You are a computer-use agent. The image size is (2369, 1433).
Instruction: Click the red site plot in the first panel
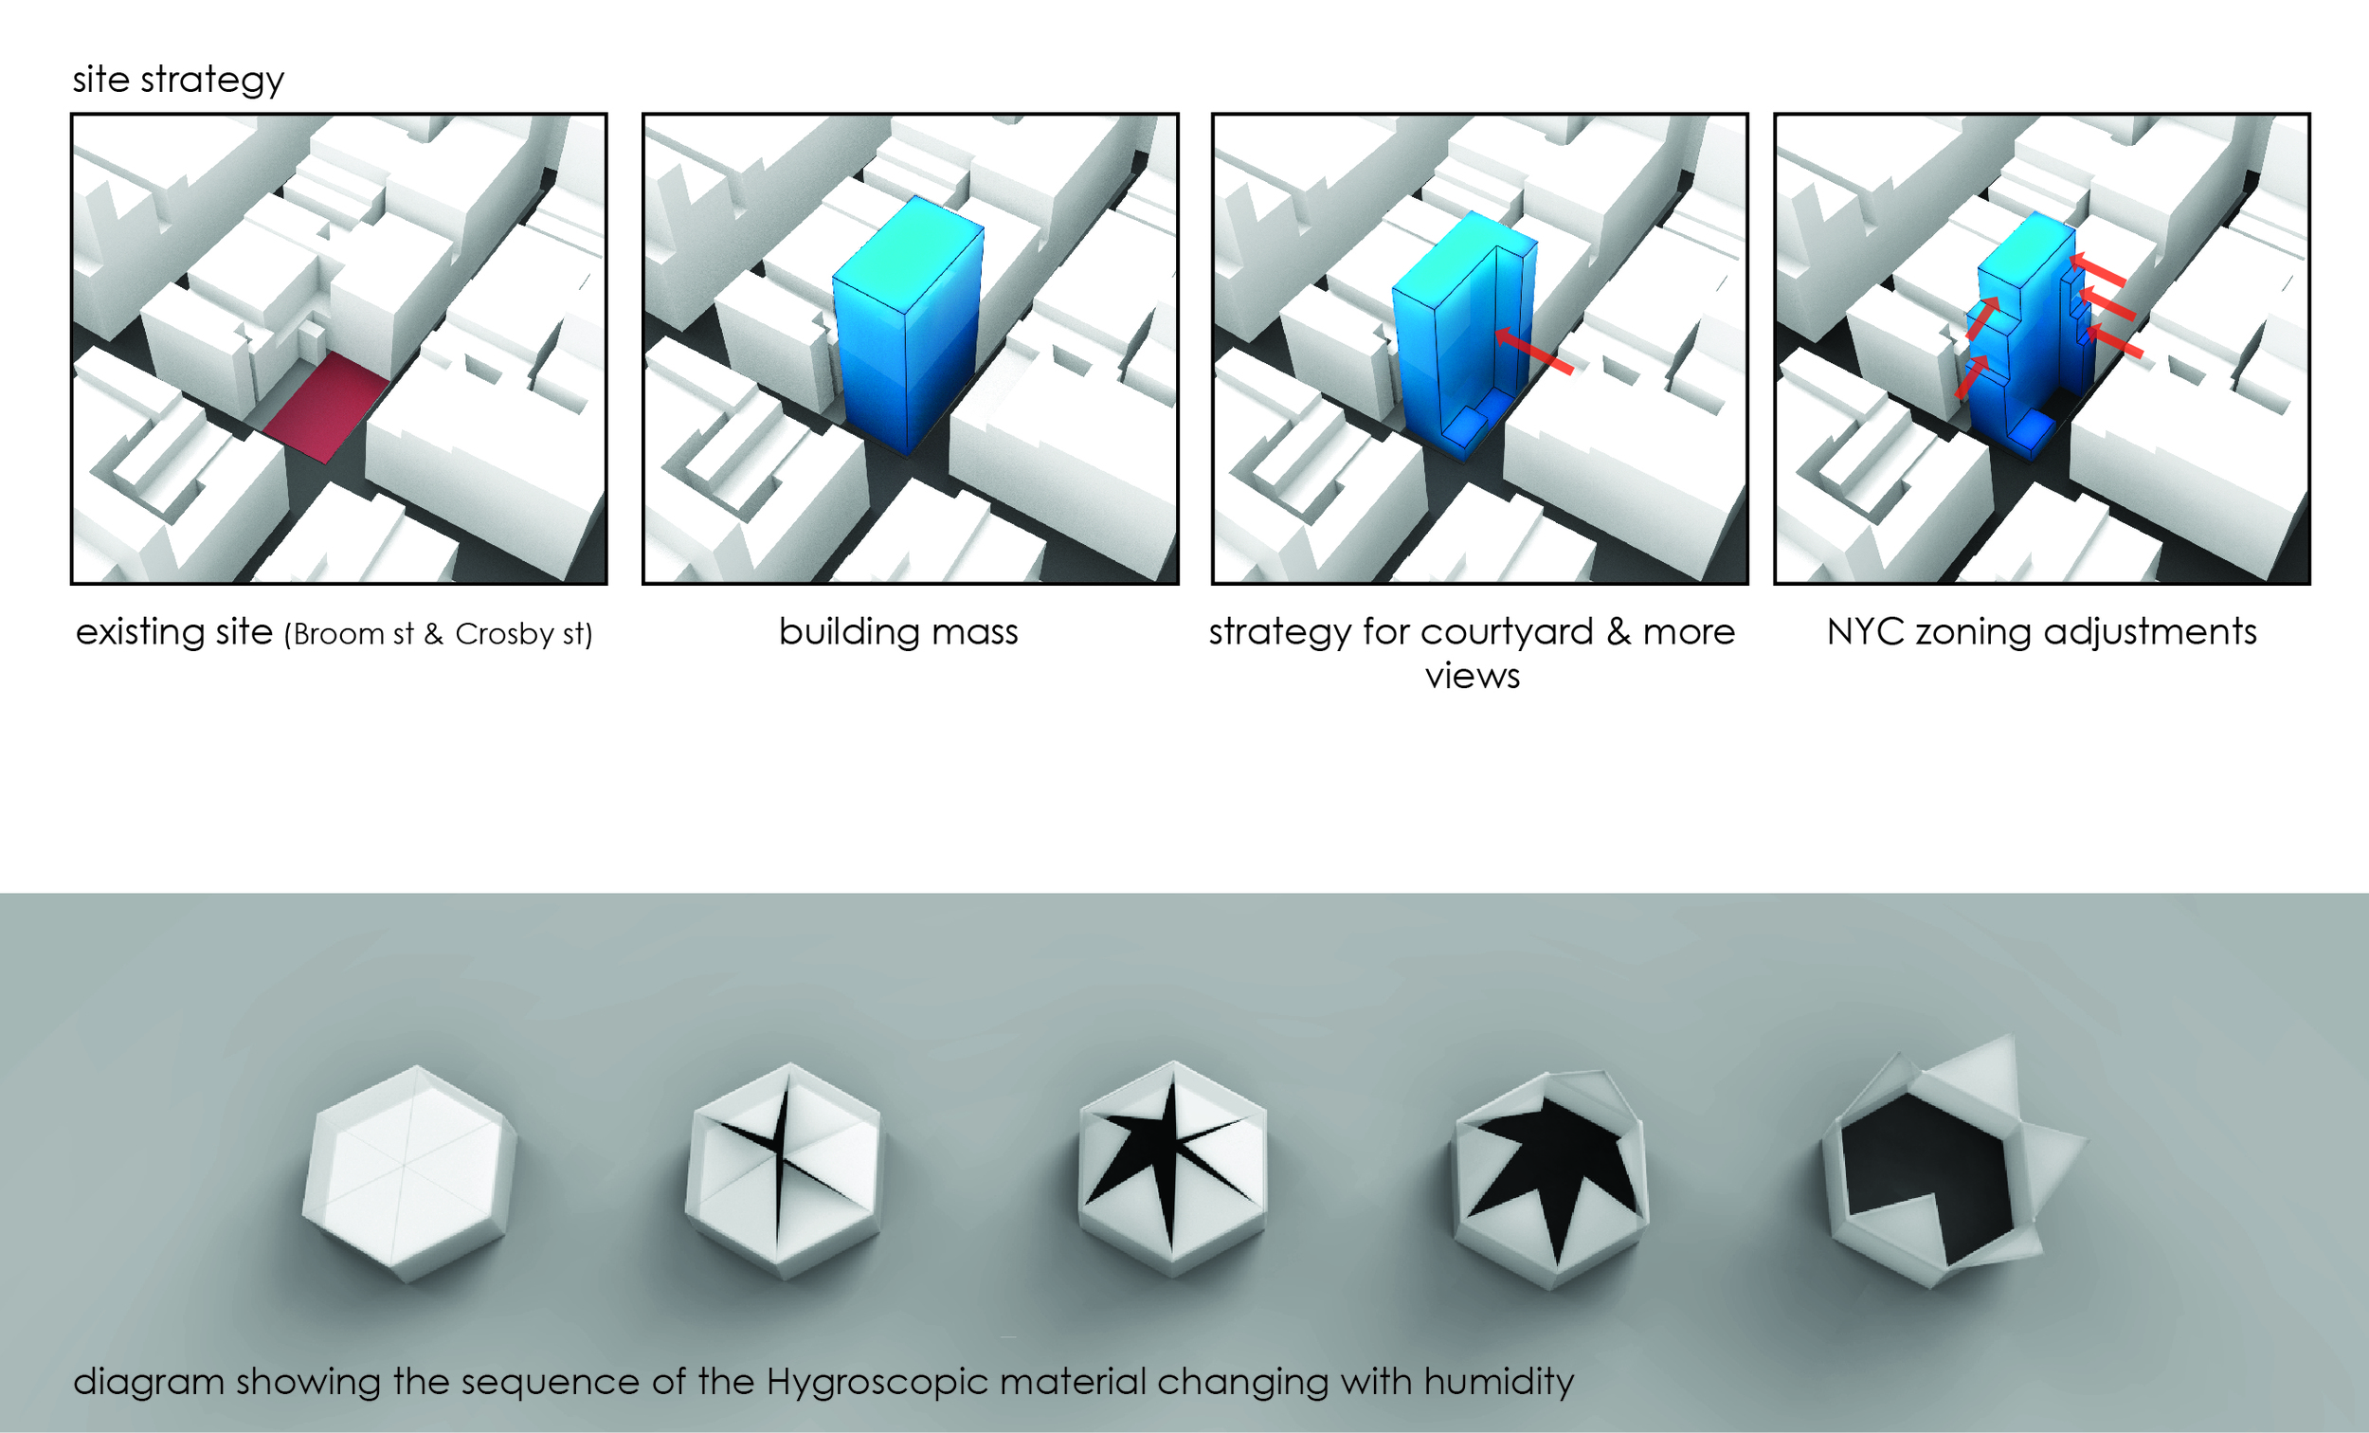[x=326, y=405]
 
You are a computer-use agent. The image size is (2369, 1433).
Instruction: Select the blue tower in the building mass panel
[x=908, y=327]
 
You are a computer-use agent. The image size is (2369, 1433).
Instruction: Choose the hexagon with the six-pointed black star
[x=1172, y=1168]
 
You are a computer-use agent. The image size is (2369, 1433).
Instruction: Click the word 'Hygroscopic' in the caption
[x=877, y=1382]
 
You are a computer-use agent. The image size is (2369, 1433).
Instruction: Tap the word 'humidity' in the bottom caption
[x=1498, y=1382]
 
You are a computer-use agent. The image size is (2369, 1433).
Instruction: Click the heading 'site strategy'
[x=178, y=80]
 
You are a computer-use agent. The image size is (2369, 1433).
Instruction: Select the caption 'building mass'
[x=898, y=632]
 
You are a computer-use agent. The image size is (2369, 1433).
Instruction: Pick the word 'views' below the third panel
[x=1472, y=676]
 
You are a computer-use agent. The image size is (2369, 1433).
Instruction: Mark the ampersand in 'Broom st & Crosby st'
[x=433, y=635]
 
